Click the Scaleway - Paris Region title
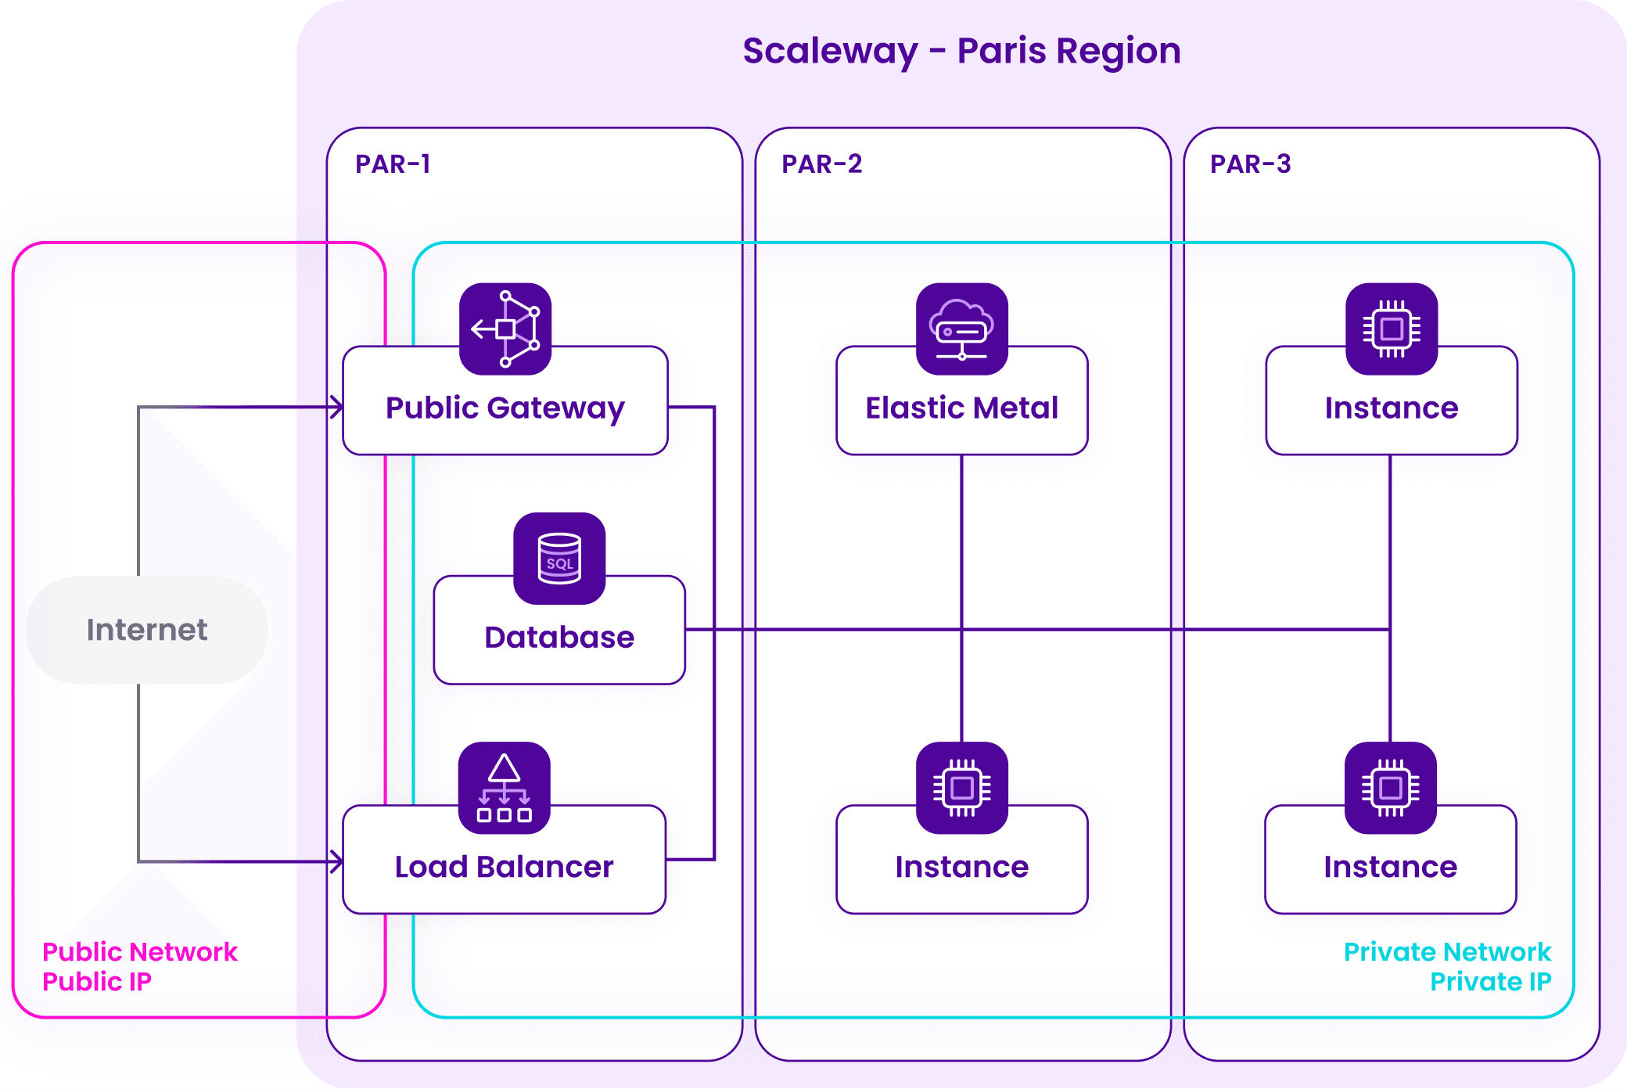pyautogui.click(x=961, y=52)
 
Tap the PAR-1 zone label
pyautogui.click(x=393, y=164)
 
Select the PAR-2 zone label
pyautogui.click(x=821, y=164)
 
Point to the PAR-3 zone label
pyautogui.click(x=1250, y=164)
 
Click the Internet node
pyautogui.click(x=147, y=630)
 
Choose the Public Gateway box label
pyautogui.click(x=505, y=408)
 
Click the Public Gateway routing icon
pyautogui.click(x=505, y=329)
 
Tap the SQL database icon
pyautogui.click(x=559, y=558)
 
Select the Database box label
pyautogui.click(x=559, y=638)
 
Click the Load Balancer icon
pyautogui.click(x=505, y=787)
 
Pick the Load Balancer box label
pyautogui.click(x=504, y=867)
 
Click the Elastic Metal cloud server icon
pyautogui.click(x=962, y=329)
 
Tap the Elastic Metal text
pyautogui.click(x=961, y=408)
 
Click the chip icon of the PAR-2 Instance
pyautogui.click(x=962, y=787)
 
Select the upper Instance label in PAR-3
pyautogui.click(x=1392, y=408)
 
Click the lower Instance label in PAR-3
pyautogui.click(x=1391, y=867)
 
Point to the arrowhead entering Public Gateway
pyautogui.click(x=337, y=407)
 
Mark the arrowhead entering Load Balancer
pyautogui.click(x=337, y=861)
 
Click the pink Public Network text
pyautogui.click(x=139, y=951)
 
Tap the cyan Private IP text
pyautogui.click(x=1490, y=981)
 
